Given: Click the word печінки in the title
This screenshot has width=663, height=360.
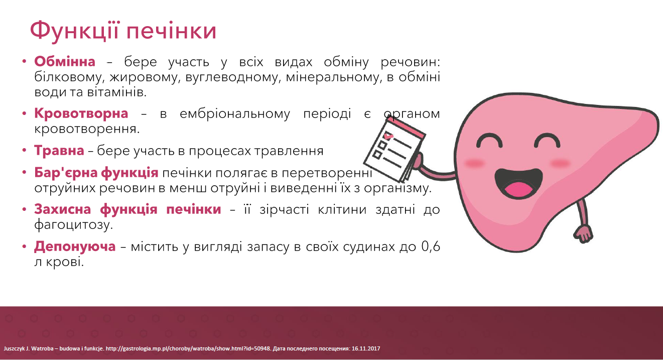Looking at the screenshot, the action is pyautogui.click(x=172, y=31).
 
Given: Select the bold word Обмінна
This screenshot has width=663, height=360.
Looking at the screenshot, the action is pyautogui.click(x=65, y=61).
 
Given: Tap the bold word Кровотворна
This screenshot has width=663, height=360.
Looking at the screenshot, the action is pyautogui.click(x=81, y=113).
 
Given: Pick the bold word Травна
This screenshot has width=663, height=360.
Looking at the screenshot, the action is pyautogui.click(x=59, y=151).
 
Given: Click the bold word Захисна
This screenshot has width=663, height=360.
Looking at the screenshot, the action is pyautogui.click(x=62, y=209).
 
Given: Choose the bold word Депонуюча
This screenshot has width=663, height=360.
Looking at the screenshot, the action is pyautogui.click(x=75, y=247).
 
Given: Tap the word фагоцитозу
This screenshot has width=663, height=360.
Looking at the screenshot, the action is pyautogui.click(x=73, y=225).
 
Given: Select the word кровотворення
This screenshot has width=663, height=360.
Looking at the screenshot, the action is pyautogui.click(x=87, y=129).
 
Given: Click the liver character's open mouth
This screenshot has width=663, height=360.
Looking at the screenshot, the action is pyautogui.click(x=518, y=183).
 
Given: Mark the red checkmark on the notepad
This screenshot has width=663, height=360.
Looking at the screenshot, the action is pyautogui.click(x=388, y=136).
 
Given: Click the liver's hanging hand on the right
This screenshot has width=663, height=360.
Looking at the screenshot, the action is pyautogui.click(x=583, y=234).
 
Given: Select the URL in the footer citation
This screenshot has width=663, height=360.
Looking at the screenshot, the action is pyautogui.click(x=188, y=348).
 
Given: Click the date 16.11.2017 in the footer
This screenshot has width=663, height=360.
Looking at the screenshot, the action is pyautogui.click(x=366, y=348).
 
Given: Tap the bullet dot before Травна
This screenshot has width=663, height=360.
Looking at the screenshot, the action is pyautogui.click(x=24, y=151).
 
